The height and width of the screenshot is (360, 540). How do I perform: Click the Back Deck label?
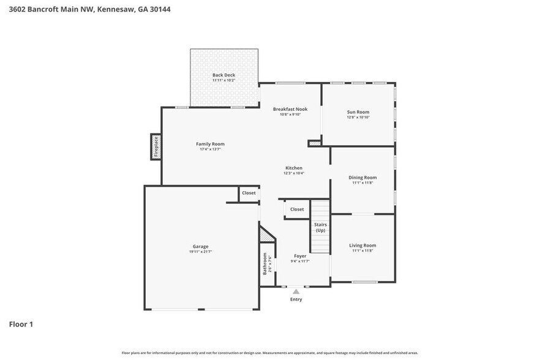click(223, 75)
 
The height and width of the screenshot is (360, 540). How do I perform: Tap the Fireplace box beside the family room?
click(156, 147)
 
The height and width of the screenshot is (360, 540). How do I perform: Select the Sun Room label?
click(358, 111)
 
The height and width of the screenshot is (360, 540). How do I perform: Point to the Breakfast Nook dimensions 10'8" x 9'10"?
click(290, 114)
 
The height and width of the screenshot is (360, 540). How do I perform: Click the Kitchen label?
click(294, 168)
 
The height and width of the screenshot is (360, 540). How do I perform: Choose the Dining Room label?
click(362, 178)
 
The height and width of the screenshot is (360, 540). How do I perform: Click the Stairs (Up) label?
click(321, 227)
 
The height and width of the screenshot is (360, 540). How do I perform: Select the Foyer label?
click(300, 256)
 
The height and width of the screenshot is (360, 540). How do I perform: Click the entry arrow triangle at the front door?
click(296, 292)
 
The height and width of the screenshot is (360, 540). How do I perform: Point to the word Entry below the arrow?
click(296, 299)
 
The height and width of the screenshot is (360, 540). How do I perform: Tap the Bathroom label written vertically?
click(265, 263)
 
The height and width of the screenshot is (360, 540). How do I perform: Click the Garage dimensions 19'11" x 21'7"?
click(201, 252)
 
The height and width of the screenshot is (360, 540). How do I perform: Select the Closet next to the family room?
click(249, 193)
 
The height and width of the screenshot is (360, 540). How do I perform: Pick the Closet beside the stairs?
click(297, 209)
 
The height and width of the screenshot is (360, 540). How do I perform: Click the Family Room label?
click(210, 144)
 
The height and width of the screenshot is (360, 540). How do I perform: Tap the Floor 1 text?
click(21, 324)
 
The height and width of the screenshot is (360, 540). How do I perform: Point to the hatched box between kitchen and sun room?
click(315, 143)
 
